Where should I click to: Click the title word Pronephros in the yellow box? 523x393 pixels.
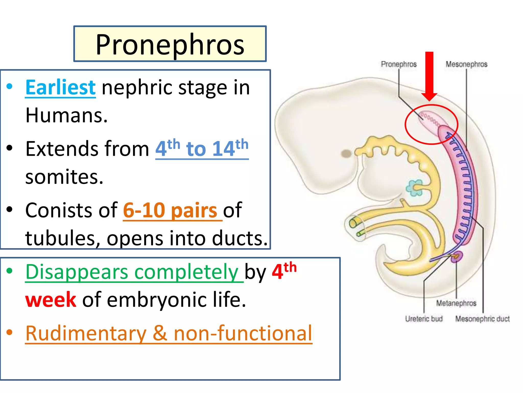170,45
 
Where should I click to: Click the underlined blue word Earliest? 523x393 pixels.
61,88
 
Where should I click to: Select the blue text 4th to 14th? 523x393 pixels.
202,148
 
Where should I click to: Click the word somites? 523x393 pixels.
64,177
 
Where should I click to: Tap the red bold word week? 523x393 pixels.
51,300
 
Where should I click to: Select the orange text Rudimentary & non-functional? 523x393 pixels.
169,333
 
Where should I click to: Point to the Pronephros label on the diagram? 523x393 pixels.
398,64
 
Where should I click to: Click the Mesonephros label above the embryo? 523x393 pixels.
466,64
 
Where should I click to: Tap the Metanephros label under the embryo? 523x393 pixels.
456,303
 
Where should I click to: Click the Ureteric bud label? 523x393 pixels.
424,319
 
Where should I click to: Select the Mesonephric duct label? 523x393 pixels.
482,319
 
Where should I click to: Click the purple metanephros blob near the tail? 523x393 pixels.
457,257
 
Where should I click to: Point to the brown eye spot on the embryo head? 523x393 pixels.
346,154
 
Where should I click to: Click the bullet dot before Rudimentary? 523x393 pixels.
9,332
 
